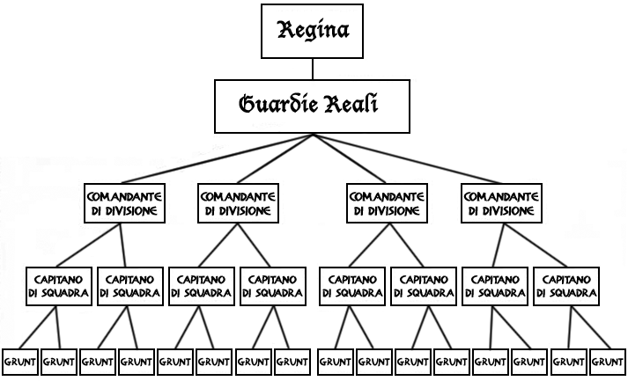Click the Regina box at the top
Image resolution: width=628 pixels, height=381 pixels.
314,32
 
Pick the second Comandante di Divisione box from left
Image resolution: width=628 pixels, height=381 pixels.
236,203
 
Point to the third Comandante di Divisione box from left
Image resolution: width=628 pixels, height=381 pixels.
386,203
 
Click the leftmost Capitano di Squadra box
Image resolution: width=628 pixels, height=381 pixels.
58,286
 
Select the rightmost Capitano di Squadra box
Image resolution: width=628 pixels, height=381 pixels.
566,286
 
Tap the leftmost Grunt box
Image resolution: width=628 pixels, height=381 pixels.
19,361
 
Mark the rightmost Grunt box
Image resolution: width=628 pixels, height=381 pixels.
607,361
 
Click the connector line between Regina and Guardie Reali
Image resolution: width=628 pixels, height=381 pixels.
314,69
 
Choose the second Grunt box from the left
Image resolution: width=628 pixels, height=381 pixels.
58,361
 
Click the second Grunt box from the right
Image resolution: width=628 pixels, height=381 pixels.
568,361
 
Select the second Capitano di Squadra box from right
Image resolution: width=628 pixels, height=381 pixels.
494,286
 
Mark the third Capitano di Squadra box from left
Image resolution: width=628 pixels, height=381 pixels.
202,286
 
